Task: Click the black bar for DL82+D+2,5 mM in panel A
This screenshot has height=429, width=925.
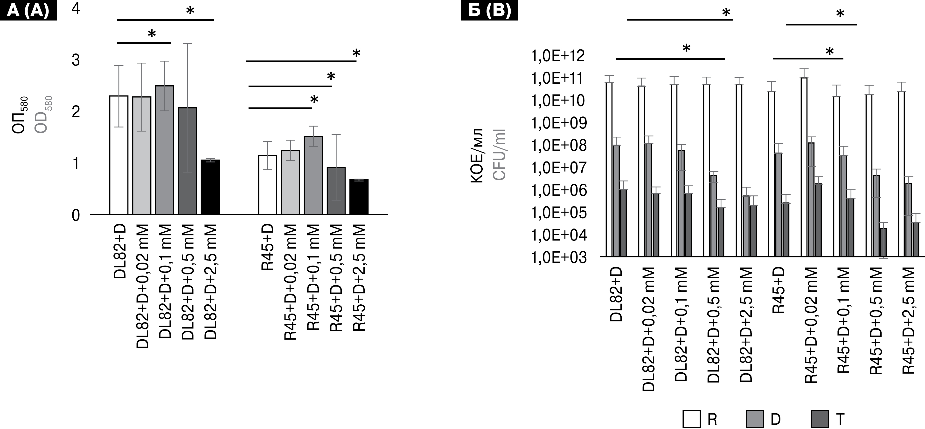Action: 210,187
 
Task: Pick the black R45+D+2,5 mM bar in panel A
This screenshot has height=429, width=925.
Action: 359,197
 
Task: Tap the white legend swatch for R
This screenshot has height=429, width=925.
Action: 691,419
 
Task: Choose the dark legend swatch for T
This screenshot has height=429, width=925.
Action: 820,419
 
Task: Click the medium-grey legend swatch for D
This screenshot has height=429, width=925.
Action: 755,419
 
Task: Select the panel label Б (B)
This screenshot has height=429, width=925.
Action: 489,10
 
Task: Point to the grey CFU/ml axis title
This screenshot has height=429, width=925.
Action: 499,154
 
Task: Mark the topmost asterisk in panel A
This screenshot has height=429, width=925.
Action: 190,11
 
